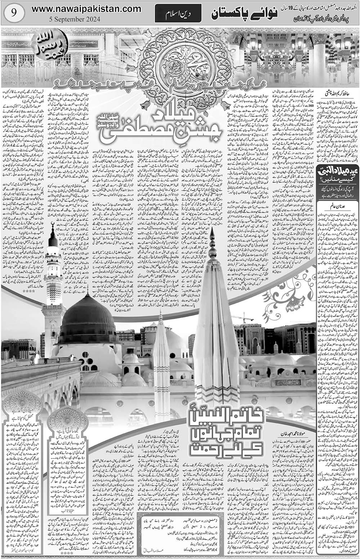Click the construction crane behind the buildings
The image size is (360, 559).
click(x=240, y=317)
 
